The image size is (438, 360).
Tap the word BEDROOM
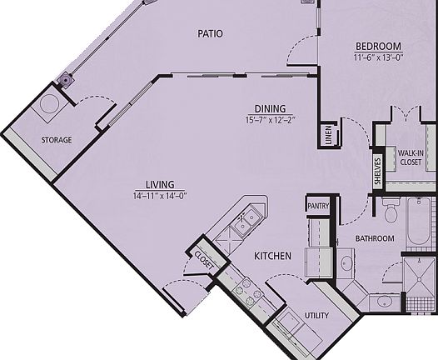coord(379,45)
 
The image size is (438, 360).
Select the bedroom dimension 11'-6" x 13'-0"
coord(379,57)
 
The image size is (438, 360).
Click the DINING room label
coord(271,108)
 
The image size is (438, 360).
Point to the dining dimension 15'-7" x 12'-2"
coord(271,120)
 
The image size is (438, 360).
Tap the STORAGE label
coord(57,139)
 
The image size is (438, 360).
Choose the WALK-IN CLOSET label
coord(412,158)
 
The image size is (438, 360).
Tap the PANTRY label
coord(317,206)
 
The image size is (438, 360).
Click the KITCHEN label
coord(273,256)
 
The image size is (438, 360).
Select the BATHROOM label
coord(374,238)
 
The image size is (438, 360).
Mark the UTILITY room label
coord(316,316)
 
